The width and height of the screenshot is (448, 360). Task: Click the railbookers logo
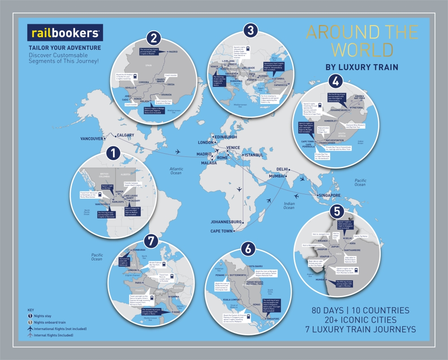65,33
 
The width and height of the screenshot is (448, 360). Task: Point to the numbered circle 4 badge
335,82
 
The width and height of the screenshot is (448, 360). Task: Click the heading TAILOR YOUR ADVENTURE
65,48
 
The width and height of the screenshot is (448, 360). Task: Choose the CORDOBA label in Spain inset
144,82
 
